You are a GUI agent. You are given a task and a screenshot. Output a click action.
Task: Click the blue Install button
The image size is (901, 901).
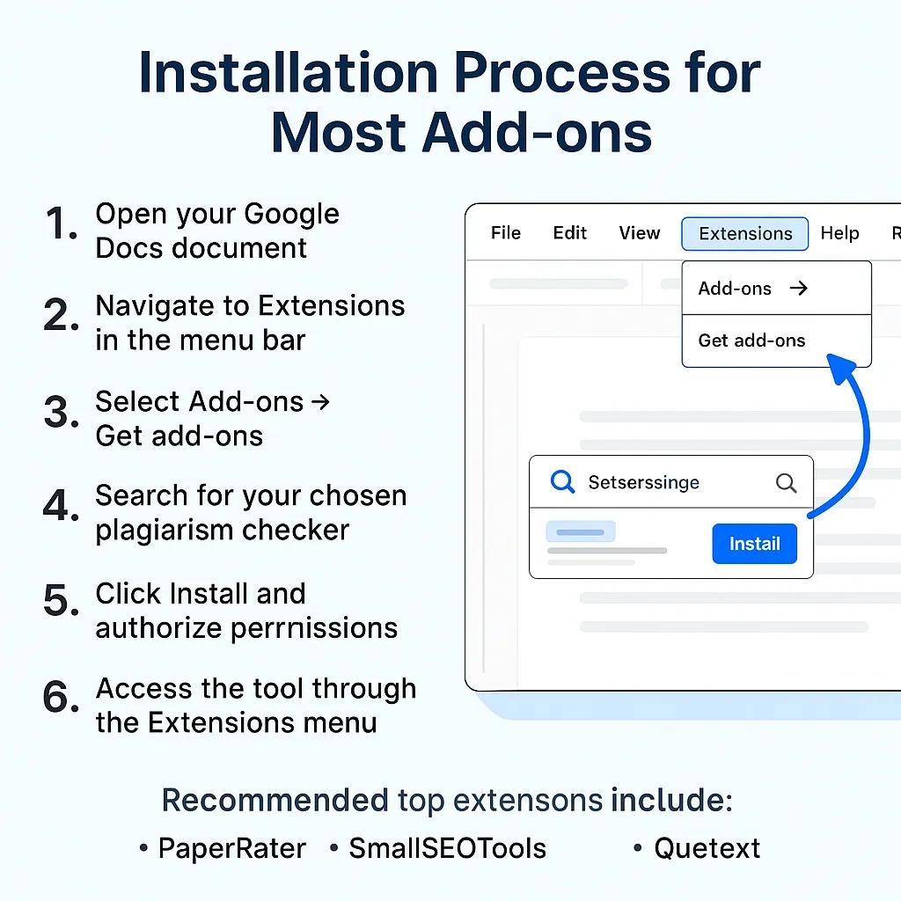[754, 544]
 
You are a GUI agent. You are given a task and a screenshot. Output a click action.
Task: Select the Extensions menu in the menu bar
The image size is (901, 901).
[744, 234]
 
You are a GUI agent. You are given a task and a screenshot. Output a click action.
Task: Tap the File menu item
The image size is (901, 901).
[506, 233]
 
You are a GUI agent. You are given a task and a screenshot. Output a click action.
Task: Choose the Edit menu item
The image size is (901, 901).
[569, 233]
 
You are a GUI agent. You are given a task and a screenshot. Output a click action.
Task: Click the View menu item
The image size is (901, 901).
[639, 233]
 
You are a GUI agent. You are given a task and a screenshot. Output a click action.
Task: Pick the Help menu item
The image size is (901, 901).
[839, 233]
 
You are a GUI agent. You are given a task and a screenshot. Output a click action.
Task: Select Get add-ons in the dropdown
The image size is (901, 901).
[751, 341]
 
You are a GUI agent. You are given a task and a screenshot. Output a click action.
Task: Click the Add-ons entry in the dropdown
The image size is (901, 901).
[735, 289]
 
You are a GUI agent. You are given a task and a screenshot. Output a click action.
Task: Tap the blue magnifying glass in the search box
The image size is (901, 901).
[561, 482]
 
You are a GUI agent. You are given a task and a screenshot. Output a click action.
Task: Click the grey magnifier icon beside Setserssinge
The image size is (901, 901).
[786, 482]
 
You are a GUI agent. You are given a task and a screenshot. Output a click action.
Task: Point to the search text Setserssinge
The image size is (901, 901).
[643, 482]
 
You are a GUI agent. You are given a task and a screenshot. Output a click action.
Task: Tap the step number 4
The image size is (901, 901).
[62, 507]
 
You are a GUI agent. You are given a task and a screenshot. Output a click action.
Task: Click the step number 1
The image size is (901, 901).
[62, 225]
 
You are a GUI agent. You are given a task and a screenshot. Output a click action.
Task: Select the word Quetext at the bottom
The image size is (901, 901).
[707, 848]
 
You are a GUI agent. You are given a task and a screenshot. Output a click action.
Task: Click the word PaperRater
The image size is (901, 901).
[231, 848]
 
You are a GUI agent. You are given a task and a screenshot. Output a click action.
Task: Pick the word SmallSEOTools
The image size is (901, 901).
[447, 848]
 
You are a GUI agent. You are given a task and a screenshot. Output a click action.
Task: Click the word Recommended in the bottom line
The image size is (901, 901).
[275, 801]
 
